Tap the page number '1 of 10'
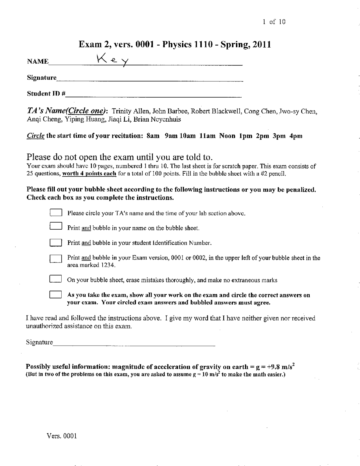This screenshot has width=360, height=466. point(274,22)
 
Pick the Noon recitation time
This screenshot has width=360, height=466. point(227,136)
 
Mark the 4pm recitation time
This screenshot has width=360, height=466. point(296,136)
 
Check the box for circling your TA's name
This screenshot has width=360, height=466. point(56,212)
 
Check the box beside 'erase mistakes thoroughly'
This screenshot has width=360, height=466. point(56,279)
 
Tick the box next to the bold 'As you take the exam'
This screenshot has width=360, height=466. point(56,295)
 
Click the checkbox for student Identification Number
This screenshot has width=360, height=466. point(56,242)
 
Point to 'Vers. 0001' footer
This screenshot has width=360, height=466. point(62,436)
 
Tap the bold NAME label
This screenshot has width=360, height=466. point(38,62)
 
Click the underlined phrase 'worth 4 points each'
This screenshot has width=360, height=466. point(89,174)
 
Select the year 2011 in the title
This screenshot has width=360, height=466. point(261,44)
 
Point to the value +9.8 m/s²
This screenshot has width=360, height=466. point(279,367)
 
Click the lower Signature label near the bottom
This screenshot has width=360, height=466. point(39,342)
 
